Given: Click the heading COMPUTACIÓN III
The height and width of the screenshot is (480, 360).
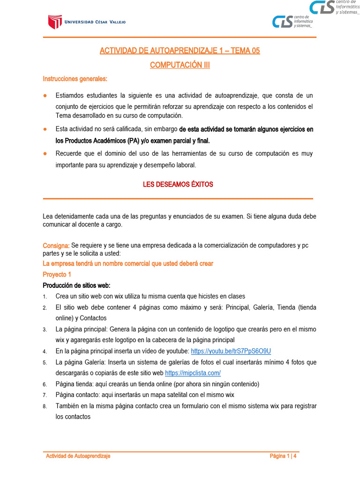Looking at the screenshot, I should pyautogui.click(x=180, y=65).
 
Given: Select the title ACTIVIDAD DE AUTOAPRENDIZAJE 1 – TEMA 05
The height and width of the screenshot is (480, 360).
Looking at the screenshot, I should pyautogui.click(x=180, y=51).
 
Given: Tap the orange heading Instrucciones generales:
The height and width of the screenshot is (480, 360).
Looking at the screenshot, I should pyautogui.click(x=75, y=78).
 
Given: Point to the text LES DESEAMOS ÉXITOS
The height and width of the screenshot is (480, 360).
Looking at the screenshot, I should pyautogui.click(x=178, y=184).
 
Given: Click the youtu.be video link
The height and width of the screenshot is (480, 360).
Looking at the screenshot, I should pyautogui.click(x=231, y=351).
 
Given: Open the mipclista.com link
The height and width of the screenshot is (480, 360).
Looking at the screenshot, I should pyautogui.click(x=193, y=373).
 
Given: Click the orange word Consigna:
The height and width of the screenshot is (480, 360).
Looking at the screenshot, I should pyautogui.click(x=56, y=245).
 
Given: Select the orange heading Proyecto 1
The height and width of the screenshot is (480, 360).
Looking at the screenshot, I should pyautogui.click(x=57, y=274).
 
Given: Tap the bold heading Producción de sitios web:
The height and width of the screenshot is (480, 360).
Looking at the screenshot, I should pyautogui.click(x=76, y=285).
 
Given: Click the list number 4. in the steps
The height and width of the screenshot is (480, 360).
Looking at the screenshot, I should pyautogui.click(x=45, y=352).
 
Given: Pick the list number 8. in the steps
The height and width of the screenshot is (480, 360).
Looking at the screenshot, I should pyautogui.click(x=45, y=406).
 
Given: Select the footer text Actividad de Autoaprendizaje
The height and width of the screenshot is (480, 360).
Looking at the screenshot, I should pyautogui.click(x=78, y=456).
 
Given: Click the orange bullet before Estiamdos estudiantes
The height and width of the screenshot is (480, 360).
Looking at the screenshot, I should pyautogui.click(x=45, y=96).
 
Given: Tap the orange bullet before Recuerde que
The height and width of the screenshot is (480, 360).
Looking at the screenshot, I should pyautogui.click(x=45, y=154).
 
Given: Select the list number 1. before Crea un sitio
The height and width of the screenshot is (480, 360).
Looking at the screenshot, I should pyautogui.click(x=45, y=297).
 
